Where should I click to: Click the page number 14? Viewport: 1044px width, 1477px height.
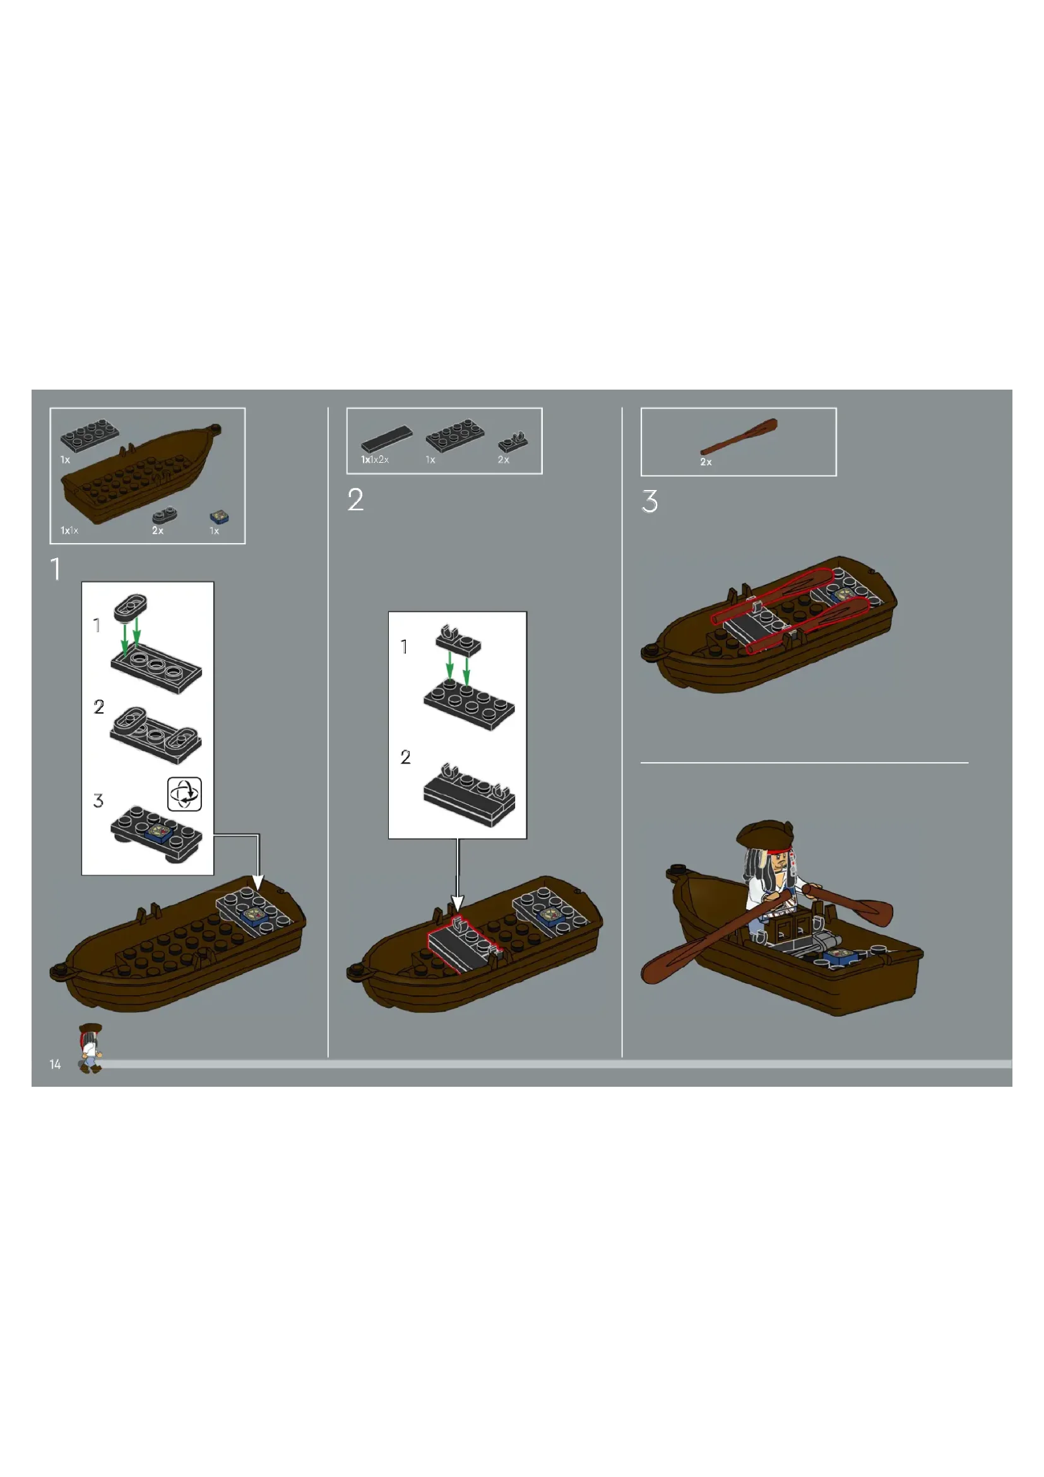pyautogui.click(x=56, y=1065)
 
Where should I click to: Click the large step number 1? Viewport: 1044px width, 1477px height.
pyautogui.click(x=57, y=570)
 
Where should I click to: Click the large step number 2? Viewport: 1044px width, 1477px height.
pyautogui.click(x=355, y=500)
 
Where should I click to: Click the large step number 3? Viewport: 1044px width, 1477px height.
pyautogui.click(x=650, y=501)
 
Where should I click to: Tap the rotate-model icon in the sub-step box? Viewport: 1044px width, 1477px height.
pyautogui.click(x=184, y=794)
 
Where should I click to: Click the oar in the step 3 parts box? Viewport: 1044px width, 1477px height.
pyautogui.click(x=739, y=437)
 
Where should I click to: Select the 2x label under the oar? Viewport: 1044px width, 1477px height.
pyautogui.click(x=706, y=462)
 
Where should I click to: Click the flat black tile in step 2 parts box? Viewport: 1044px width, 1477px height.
pyautogui.click(x=386, y=439)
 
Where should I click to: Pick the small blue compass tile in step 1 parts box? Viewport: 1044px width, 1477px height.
pyautogui.click(x=220, y=517)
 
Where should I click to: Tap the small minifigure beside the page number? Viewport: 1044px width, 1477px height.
pyautogui.click(x=90, y=1049)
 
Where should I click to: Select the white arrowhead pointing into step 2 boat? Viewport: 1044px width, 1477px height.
pyautogui.click(x=457, y=903)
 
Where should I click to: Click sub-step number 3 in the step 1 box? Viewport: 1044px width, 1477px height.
pyautogui.click(x=98, y=801)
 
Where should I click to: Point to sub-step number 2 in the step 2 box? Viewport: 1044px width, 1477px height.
pyautogui.click(x=405, y=757)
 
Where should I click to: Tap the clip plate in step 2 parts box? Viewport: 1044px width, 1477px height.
pyautogui.click(x=513, y=442)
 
